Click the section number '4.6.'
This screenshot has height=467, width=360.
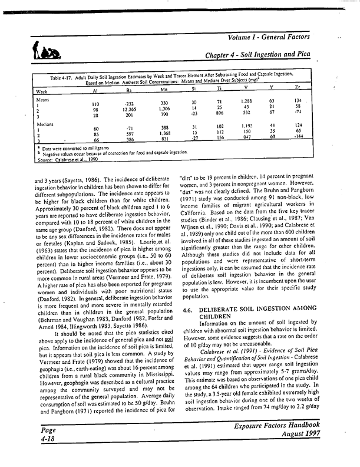[x=189, y=310]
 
